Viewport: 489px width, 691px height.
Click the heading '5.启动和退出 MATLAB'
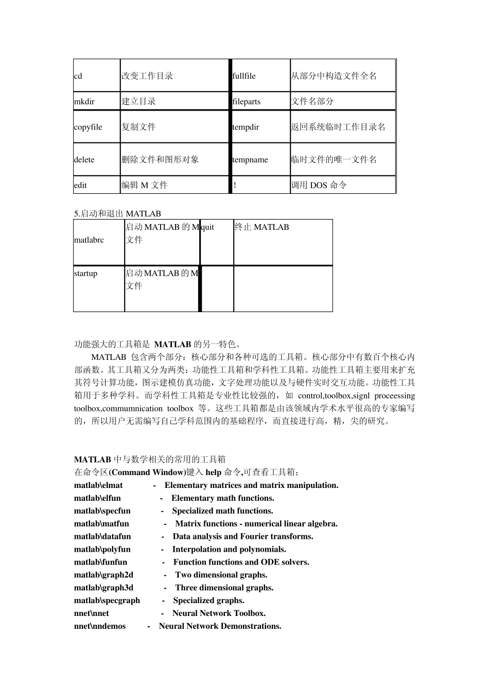tap(117, 213)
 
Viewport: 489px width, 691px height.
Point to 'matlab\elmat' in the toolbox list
tap(98, 485)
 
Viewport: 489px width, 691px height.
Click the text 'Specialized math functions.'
tap(222, 511)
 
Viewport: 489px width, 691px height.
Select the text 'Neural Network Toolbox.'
tap(219, 613)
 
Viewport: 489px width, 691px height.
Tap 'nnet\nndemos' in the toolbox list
tap(100, 626)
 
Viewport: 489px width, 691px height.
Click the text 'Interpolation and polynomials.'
tap(229, 549)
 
